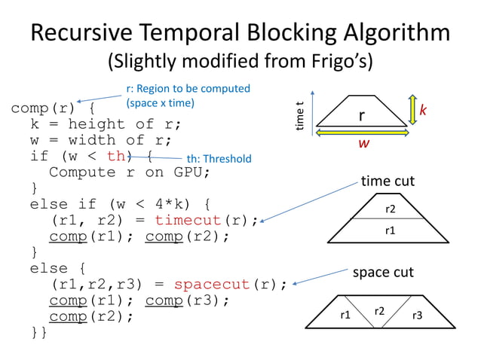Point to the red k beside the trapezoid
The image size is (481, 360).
pos(423,111)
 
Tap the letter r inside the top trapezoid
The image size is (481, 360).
pos(362,115)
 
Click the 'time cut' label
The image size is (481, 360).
pos(388,181)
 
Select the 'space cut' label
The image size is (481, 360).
pos(383,271)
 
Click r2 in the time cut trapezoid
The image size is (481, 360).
pos(390,209)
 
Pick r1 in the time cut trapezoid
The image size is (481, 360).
pos(390,230)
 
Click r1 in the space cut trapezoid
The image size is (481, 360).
pos(344,316)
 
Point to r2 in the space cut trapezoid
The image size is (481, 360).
pos(380,311)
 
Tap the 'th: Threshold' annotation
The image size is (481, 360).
pos(219,159)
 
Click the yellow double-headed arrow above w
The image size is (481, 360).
pos(363,132)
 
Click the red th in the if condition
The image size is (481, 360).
pos(117,156)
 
